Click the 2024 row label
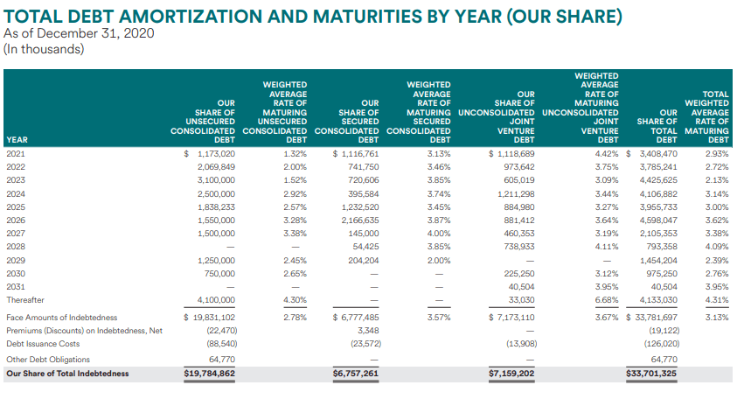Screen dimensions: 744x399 (x=16, y=193)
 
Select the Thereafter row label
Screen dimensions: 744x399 (x=25, y=300)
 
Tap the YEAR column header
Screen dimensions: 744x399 (x=17, y=140)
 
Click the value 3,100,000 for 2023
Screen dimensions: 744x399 (x=216, y=180)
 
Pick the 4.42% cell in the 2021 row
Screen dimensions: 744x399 (x=607, y=154)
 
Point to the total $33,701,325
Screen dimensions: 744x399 (x=651, y=374)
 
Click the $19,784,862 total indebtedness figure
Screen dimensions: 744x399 (x=209, y=374)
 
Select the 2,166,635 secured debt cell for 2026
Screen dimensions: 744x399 (x=360, y=220)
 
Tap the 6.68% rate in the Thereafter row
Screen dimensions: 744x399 (x=607, y=300)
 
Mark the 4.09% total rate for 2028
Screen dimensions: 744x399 (x=717, y=247)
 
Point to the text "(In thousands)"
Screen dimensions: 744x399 (x=44, y=49)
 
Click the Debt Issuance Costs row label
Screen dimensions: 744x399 (x=43, y=344)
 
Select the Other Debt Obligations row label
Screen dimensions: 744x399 (x=48, y=360)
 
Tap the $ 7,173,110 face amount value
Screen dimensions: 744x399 (x=511, y=318)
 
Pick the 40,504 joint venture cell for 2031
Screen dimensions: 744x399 (x=521, y=287)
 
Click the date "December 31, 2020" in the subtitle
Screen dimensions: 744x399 (x=95, y=33)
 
